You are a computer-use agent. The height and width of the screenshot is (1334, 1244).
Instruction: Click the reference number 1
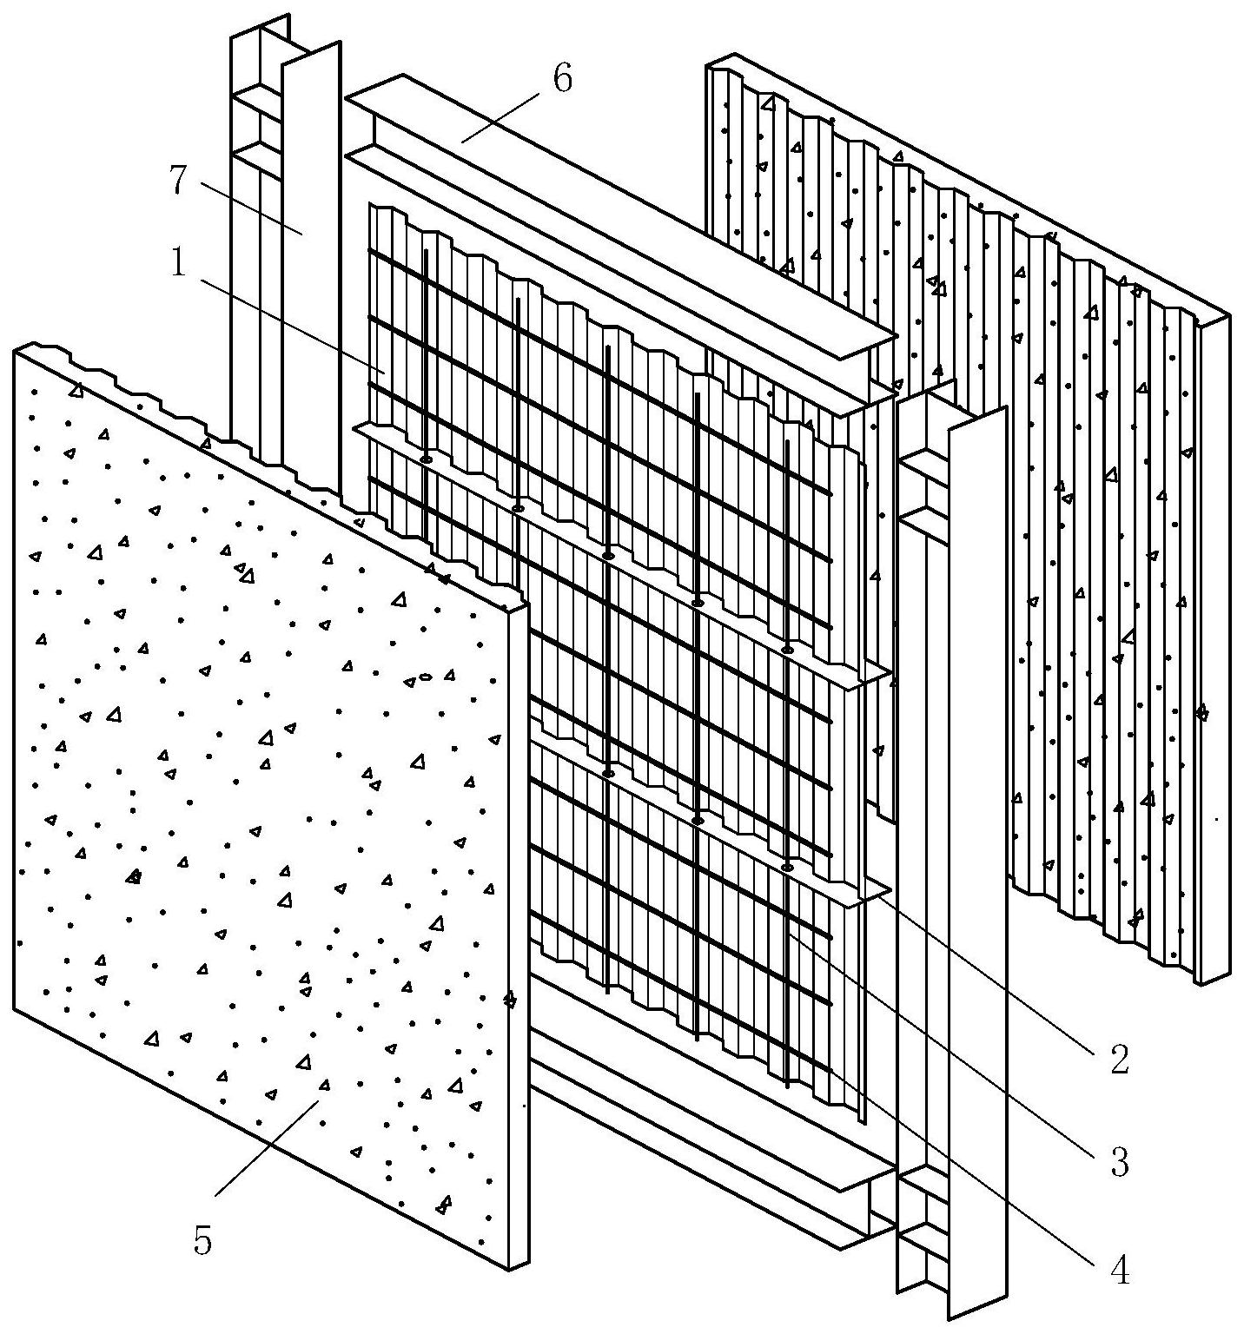178,263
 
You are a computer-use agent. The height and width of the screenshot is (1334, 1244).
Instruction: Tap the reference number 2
1119,1059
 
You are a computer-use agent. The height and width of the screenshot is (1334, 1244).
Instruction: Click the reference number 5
202,1242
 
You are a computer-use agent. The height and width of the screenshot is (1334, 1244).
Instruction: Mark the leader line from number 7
252,208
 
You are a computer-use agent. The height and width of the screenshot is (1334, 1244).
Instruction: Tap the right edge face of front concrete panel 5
518,938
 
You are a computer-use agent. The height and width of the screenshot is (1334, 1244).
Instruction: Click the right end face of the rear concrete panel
1214,651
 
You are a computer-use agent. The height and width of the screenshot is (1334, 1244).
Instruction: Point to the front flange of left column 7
310,261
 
